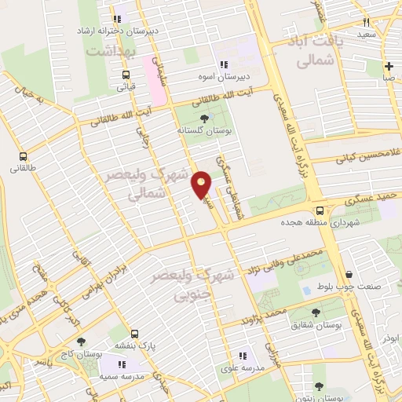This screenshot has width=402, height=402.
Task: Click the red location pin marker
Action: (202, 185)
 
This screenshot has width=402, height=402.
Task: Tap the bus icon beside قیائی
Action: (126, 76)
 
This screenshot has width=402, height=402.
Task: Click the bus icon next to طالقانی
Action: (24, 156)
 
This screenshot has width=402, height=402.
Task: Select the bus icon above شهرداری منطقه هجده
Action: (320, 210)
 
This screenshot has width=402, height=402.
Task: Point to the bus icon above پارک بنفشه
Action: (135, 334)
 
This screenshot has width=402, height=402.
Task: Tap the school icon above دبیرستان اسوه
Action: (224, 65)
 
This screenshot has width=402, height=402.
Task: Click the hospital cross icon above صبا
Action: (389, 66)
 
